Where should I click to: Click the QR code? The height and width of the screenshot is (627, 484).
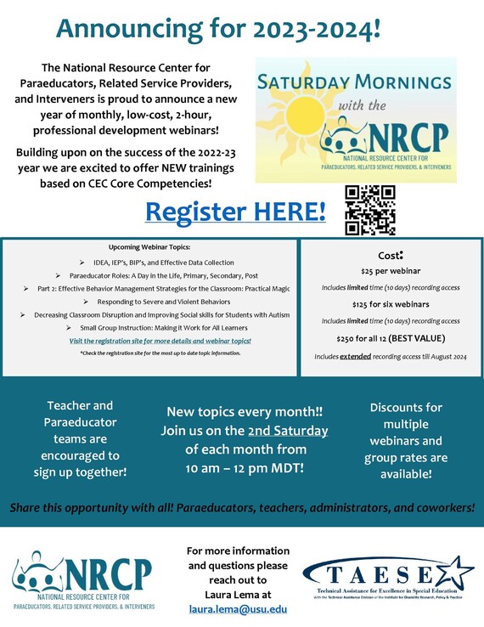[x=369, y=209]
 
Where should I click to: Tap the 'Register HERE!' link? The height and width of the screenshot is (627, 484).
[x=236, y=211]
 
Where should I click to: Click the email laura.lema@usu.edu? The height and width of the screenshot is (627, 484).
[x=237, y=609]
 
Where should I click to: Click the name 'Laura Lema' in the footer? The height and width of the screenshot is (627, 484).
[x=238, y=594]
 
